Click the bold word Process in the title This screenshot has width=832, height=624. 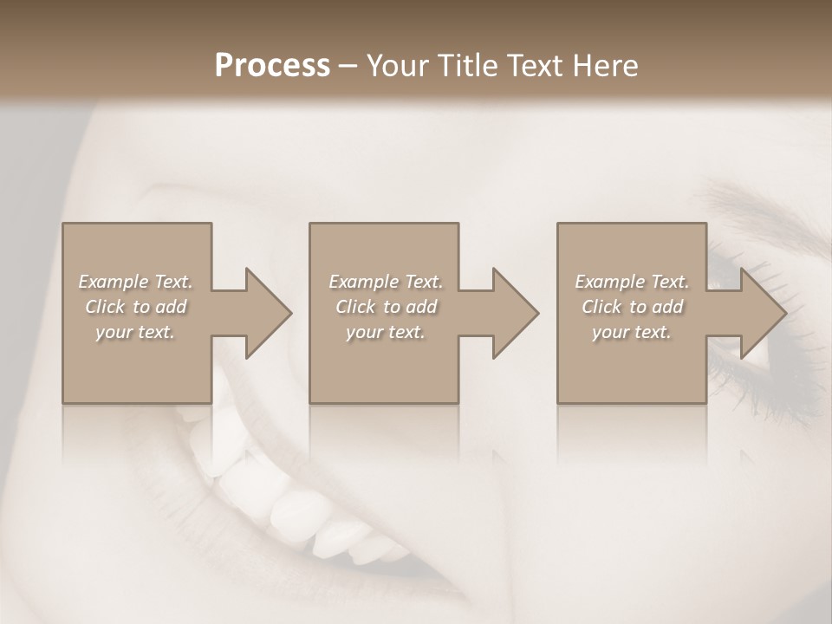[272, 66]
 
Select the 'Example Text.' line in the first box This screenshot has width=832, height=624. [135, 282]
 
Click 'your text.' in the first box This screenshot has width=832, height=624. [135, 332]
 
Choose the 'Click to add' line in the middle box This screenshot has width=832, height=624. [386, 307]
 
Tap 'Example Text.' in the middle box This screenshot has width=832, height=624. [386, 282]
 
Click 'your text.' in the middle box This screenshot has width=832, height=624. [386, 332]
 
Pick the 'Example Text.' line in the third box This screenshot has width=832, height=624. [632, 282]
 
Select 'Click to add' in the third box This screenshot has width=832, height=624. [632, 307]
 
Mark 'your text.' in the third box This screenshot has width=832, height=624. [632, 332]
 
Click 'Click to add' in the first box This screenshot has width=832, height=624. [135, 307]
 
